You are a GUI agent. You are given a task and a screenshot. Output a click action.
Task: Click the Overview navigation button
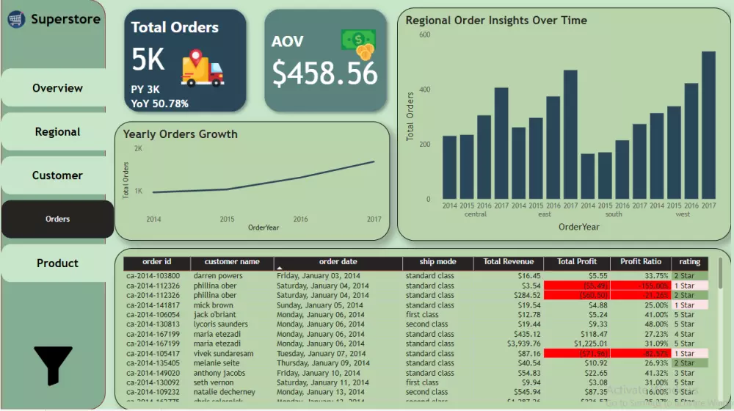tap(57, 88)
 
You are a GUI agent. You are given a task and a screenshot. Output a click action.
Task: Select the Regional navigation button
tap(57, 132)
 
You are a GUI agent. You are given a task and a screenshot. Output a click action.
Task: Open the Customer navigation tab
tap(57, 175)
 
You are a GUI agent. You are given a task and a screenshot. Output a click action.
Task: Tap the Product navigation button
tap(57, 263)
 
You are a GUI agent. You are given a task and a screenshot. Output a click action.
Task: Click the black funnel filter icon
tap(53, 365)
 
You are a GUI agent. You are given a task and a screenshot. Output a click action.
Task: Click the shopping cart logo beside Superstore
tap(16, 20)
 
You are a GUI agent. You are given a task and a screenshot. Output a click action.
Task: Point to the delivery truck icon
tap(203, 68)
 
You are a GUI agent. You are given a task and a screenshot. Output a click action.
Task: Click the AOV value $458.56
tap(325, 73)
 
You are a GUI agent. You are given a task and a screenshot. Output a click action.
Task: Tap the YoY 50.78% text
tap(160, 103)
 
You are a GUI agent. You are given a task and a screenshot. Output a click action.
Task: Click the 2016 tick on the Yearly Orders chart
tap(301, 219)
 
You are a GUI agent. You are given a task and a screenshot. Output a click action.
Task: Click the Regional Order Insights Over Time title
tap(496, 21)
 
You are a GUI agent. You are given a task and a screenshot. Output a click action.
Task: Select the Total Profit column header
tap(576, 262)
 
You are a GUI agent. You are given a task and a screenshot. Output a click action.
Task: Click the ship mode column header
tap(437, 262)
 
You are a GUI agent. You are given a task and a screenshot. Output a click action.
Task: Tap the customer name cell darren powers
tap(218, 276)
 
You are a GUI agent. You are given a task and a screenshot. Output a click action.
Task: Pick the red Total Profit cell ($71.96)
tap(576, 353)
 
